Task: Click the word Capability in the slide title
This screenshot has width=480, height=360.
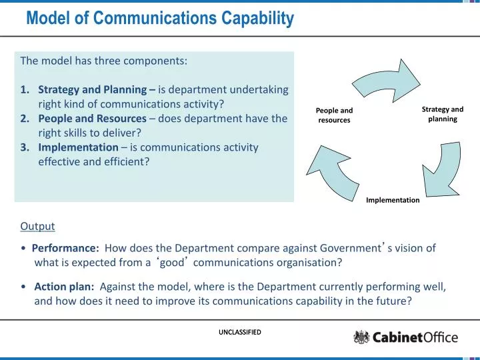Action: [254, 20]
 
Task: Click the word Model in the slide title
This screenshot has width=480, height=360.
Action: [49, 20]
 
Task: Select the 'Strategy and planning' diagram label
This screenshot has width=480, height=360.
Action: [442, 114]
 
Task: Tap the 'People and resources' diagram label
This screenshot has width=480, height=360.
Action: [334, 115]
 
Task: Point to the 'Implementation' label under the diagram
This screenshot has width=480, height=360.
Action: [393, 200]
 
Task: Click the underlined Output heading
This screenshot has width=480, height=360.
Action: [37, 226]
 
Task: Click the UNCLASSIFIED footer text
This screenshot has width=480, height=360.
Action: [239, 332]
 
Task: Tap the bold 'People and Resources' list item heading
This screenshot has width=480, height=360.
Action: [92, 119]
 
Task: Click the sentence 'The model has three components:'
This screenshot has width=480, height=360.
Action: [103, 60]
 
